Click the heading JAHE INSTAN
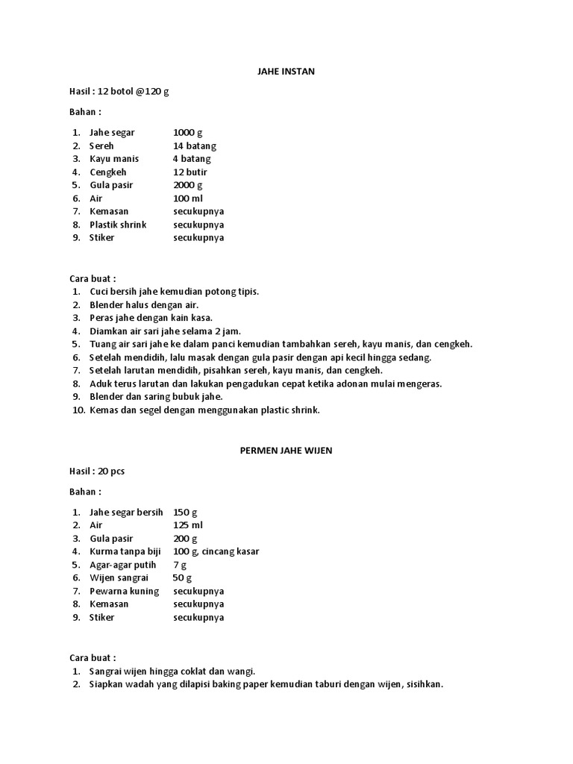(286, 72)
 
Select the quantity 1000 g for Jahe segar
(187, 132)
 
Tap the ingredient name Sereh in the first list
(101, 145)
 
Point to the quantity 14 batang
(195, 145)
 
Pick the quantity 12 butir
(190, 172)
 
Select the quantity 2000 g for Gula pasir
(187, 185)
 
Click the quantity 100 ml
(188, 198)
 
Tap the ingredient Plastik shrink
(118, 225)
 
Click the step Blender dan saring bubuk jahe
(156, 397)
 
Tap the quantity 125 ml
(188, 525)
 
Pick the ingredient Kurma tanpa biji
(125, 551)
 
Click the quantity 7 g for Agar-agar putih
(180, 565)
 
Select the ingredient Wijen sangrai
(119, 578)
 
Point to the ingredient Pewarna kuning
(124, 591)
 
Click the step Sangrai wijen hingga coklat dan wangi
(172, 671)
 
